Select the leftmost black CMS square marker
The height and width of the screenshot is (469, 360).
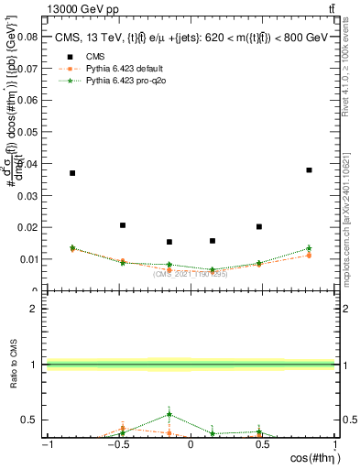click(72, 173)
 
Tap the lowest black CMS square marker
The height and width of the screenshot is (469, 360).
click(169, 242)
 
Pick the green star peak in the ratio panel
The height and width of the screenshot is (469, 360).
click(169, 414)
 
